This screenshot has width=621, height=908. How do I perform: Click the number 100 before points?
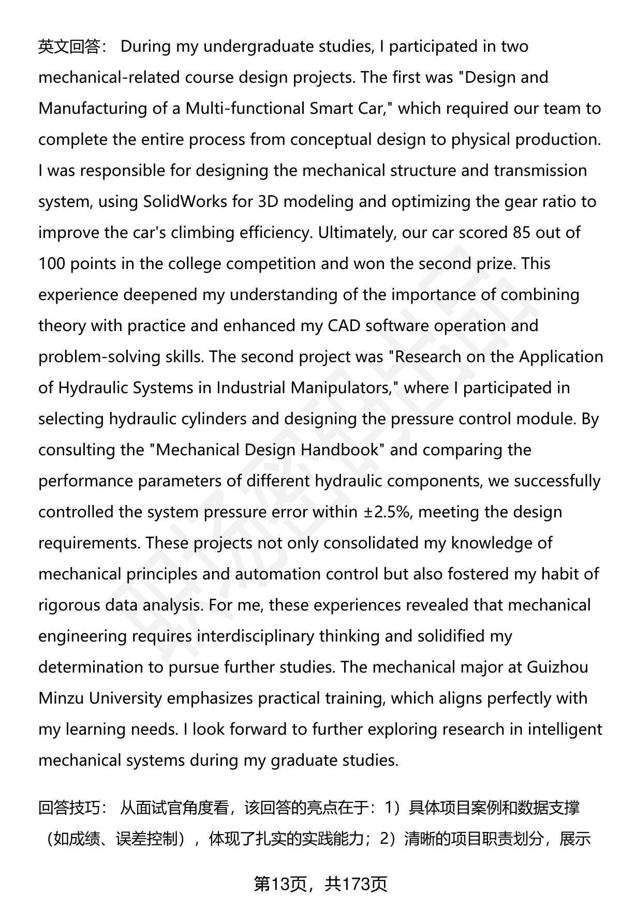pyautogui.click(x=51, y=264)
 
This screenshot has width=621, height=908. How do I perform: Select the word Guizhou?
pyautogui.click(x=557, y=667)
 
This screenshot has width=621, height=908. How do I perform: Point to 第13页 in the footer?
pyautogui.click(x=283, y=884)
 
